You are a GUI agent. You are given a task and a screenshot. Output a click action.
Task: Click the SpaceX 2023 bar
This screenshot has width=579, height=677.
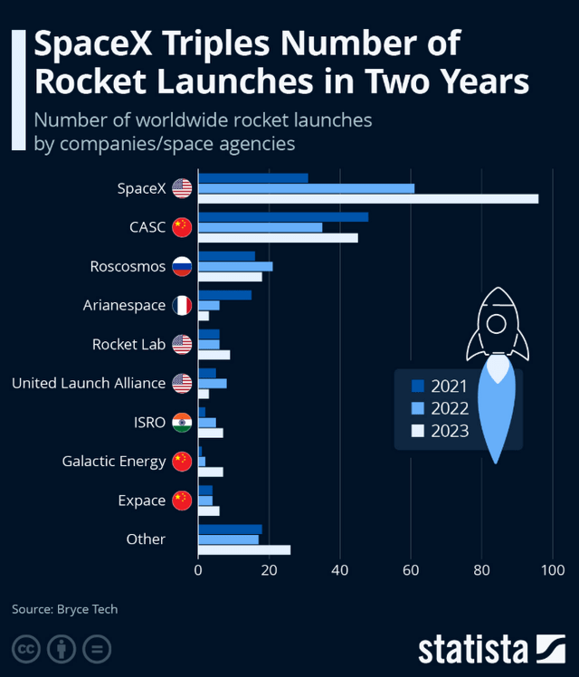coord(368,199)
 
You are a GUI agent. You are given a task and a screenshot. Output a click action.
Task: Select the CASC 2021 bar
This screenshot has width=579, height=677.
coord(283,216)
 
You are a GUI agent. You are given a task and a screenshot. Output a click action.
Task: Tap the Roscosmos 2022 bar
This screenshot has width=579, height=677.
coord(235,266)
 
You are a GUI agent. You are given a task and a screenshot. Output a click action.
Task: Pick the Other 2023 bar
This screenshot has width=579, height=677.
coord(244,549)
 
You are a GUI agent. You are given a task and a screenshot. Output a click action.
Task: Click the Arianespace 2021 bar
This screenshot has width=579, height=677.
coord(224,295)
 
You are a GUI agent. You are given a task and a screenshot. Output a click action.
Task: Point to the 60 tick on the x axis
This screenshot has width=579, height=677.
coord(411,570)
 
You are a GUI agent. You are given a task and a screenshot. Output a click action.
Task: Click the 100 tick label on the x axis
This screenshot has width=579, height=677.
coord(551,570)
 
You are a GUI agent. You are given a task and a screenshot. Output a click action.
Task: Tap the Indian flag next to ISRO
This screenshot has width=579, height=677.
coord(182,423)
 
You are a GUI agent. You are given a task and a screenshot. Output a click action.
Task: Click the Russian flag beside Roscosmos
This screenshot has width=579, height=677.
coord(182,266)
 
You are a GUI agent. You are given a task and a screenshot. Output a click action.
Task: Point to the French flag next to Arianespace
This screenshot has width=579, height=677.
coord(182,306)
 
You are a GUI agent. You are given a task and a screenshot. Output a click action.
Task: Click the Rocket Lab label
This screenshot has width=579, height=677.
coord(128,345)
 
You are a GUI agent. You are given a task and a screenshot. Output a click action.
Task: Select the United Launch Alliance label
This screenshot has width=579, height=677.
coord(89,384)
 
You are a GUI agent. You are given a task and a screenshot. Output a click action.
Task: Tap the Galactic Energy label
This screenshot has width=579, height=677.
coord(114,462)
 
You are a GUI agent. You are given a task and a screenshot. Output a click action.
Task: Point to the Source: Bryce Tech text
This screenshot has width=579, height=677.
coord(64,609)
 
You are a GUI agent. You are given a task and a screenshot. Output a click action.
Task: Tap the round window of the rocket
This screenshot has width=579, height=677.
coord(495,323)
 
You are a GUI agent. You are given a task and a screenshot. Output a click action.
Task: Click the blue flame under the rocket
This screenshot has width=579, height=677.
coord(495,407)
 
